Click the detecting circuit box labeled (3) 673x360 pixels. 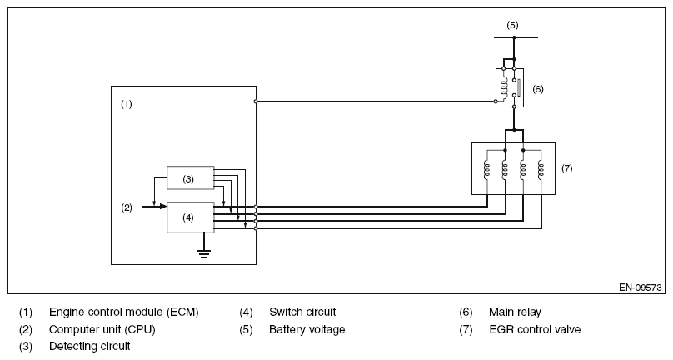coord(190,177)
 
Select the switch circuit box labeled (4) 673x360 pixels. coord(190,217)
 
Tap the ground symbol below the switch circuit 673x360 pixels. coord(204,253)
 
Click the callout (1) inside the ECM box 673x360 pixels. coord(127,104)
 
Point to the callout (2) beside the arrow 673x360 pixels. coord(127,208)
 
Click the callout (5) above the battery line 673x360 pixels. coord(512,25)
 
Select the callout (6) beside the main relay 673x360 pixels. coord(538,89)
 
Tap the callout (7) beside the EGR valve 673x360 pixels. coord(567,168)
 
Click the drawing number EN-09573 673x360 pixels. coord(641,287)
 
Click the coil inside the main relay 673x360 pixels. coord(504,87)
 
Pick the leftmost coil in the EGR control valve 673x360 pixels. coord(486,171)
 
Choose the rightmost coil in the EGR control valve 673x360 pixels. coord(541,171)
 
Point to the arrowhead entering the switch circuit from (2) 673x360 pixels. coord(163,207)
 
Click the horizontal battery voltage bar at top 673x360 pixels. coord(516,37)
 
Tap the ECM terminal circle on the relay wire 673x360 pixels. coord(256,102)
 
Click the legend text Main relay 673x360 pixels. coord(515,312)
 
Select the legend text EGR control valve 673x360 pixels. coord(535,329)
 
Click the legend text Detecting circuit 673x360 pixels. coord(90,346)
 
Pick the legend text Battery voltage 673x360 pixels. coord(307,329)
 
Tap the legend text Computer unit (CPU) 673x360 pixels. coord(102,329)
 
